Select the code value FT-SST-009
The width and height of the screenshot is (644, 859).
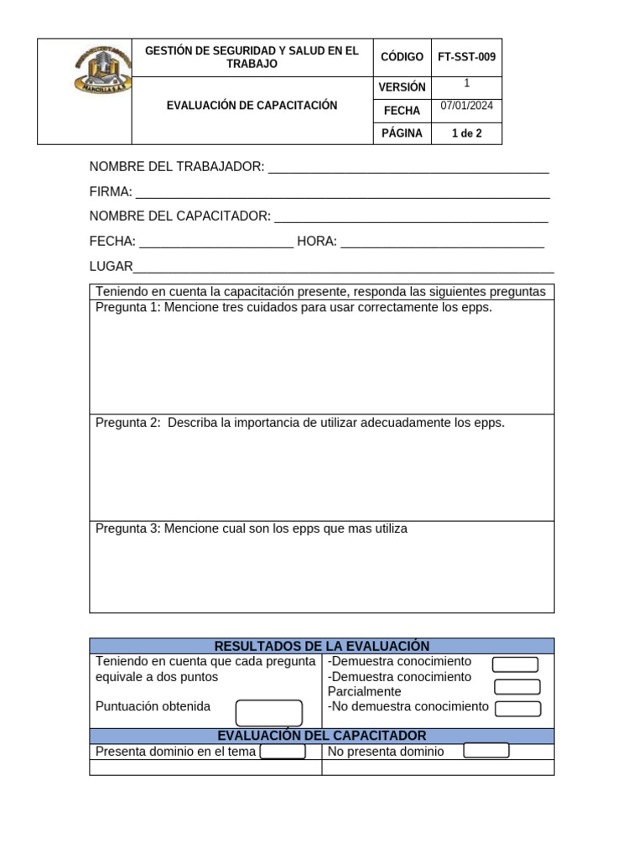[466, 57]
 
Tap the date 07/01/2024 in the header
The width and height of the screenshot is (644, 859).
[466, 106]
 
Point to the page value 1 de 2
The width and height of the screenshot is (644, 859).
[466, 133]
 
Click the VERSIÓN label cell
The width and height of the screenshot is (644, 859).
[402, 87]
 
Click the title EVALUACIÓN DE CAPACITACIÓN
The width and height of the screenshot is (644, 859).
[252, 106]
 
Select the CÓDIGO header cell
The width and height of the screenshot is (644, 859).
[402, 57]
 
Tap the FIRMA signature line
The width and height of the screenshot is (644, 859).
[342, 194]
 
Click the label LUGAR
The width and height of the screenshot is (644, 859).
[112, 267]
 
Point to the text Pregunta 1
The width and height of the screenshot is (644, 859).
[127, 308]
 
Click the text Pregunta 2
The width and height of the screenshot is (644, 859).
[127, 423]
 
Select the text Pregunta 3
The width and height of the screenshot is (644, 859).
[127, 529]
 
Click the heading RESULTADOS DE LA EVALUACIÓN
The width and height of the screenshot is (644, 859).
[322, 646]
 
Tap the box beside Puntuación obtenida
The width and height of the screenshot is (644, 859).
[268, 712]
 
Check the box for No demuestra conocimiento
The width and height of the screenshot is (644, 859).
[517, 709]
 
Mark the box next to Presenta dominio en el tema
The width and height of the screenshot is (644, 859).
[283, 751]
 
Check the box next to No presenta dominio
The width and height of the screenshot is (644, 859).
[486, 750]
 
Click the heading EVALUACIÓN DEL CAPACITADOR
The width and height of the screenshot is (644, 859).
[322, 736]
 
